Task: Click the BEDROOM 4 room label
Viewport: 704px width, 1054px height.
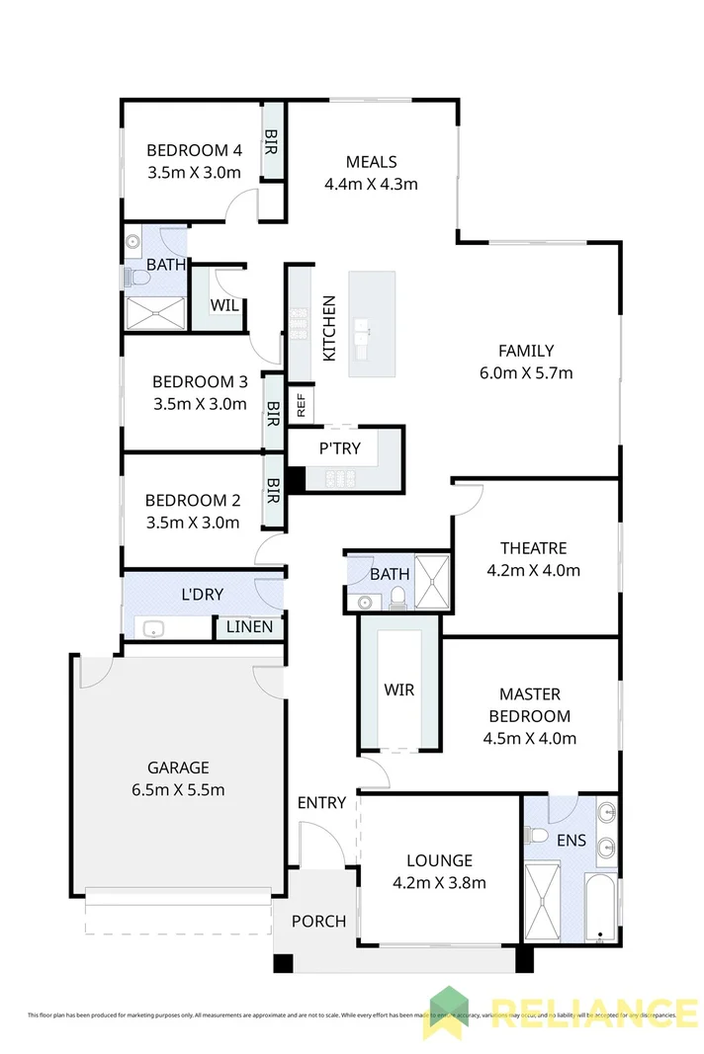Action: tap(194, 151)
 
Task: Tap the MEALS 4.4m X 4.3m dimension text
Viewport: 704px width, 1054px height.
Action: tap(371, 184)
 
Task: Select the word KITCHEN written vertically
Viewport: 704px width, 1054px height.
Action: tap(329, 328)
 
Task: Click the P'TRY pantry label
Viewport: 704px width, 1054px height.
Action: tap(339, 448)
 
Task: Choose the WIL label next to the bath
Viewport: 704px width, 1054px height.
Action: tap(224, 305)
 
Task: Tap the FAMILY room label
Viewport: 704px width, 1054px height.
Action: tap(525, 351)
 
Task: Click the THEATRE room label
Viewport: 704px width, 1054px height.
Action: tap(533, 548)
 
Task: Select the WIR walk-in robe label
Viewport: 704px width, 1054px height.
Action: tap(398, 689)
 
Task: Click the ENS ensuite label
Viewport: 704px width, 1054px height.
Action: tap(572, 842)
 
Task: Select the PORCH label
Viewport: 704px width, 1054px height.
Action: tap(318, 922)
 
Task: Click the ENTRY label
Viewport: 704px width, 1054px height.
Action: tap(321, 803)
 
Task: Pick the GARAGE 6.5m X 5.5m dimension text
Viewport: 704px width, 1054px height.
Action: tap(178, 789)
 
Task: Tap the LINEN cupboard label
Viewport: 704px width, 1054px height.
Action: tap(250, 626)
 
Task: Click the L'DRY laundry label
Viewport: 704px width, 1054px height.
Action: tap(202, 595)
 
